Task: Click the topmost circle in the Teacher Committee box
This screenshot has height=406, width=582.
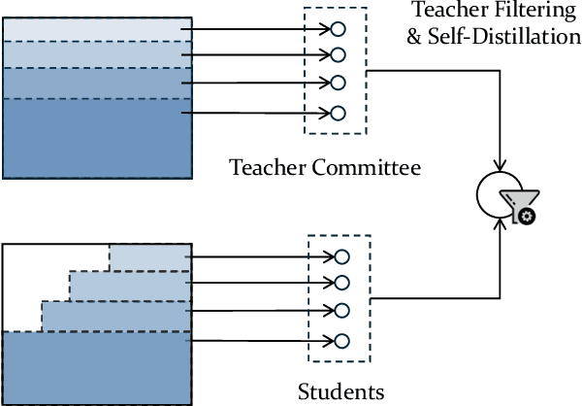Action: pos(338,28)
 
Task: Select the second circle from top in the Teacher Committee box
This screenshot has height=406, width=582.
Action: pos(338,54)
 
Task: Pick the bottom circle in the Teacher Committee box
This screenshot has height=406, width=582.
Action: pos(338,113)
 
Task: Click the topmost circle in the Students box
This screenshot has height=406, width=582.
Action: pos(340,256)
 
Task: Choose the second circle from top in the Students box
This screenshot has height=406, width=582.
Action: pos(340,283)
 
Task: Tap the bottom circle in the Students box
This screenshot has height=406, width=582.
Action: pos(340,340)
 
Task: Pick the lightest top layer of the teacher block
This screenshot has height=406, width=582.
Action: pos(97,30)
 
